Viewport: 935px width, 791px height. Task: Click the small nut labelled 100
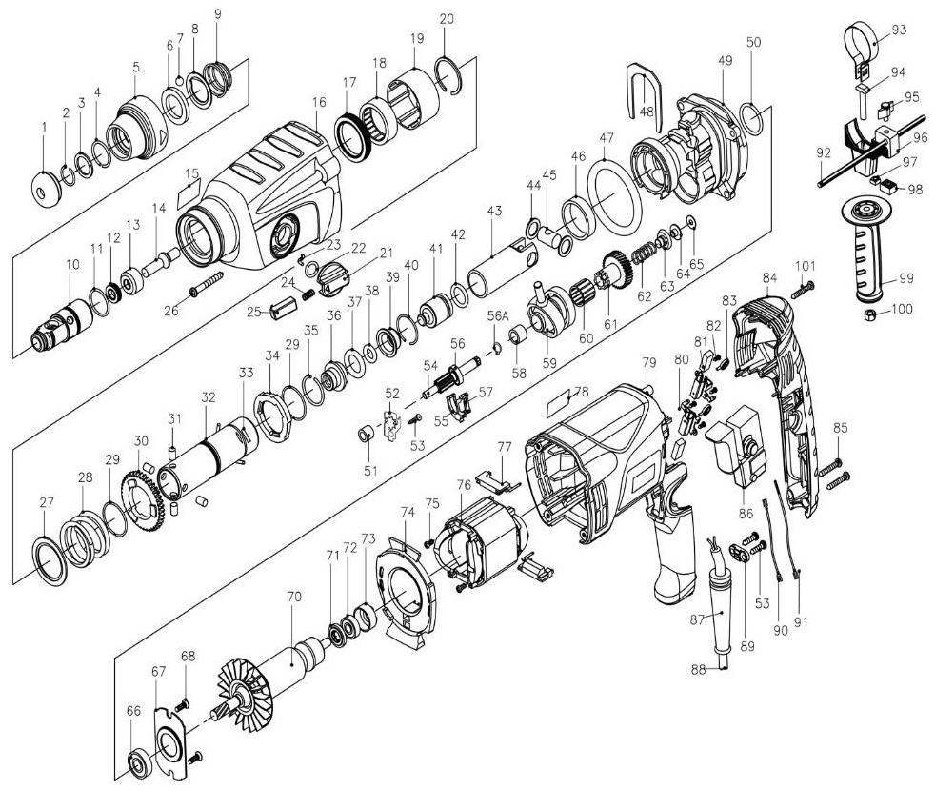coord(868,314)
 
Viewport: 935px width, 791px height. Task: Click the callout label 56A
coord(496,315)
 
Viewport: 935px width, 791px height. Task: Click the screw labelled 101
coord(800,282)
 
